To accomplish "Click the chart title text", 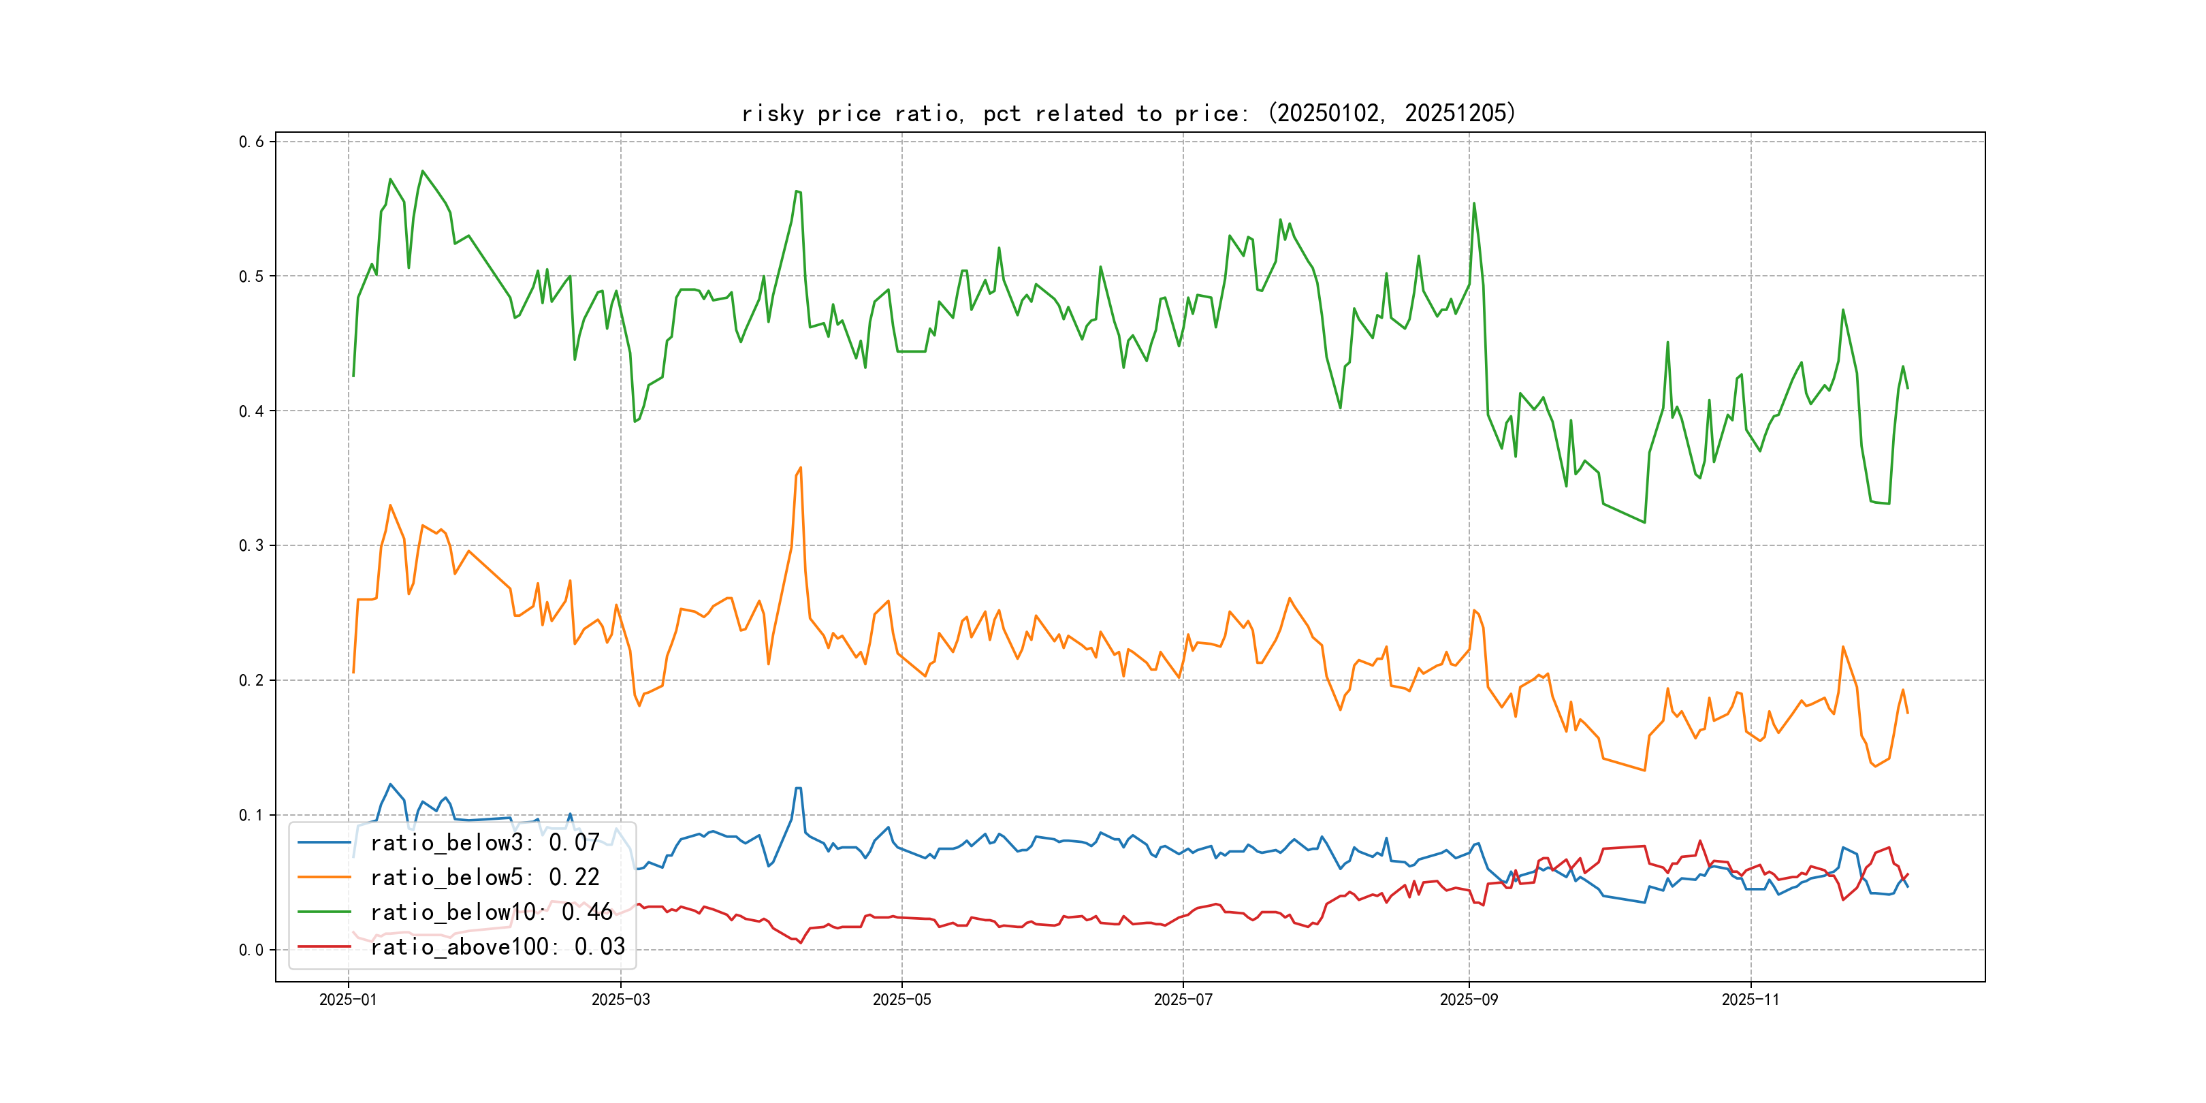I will pos(1128,113).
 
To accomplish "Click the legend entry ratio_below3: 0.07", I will pos(485,843).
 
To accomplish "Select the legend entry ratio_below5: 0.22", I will pos(485,878).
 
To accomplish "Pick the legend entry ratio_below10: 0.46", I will pos(491,912).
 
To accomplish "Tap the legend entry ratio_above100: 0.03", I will pos(498,947).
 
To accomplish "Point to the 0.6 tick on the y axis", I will pos(251,142).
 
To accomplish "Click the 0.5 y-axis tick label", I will pos(251,276).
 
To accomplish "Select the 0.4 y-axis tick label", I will pos(251,411).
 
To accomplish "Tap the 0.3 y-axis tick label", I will pos(251,545).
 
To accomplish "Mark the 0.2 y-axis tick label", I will pos(251,681).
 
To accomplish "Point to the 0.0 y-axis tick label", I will pos(251,950).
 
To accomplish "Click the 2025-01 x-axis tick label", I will pos(348,1000).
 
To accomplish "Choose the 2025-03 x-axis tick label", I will pos(621,1000).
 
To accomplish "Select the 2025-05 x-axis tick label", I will pos(901,1000).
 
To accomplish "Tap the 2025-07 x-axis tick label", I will pos(1183,1000).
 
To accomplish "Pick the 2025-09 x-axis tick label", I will pos(1469,1000).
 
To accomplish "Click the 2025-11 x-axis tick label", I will pos(1751,1000).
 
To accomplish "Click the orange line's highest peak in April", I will pos(801,468).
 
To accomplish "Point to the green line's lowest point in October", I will pos(1644,522).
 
